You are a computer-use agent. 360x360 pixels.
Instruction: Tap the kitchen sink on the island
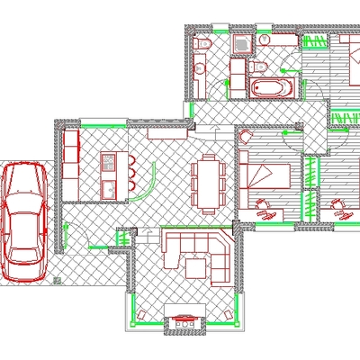[x=109, y=189]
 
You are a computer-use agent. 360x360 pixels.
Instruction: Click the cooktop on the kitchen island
[x=109, y=162]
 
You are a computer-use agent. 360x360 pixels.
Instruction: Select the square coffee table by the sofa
[x=196, y=266]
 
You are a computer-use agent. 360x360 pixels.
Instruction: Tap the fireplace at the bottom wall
[x=185, y=319]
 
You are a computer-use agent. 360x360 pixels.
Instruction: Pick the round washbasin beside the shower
[x=265, y=40]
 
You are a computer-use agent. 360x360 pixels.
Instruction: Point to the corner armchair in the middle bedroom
[x=263, y=205]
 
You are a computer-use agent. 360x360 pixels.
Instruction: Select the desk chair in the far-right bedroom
[x=339, y=206]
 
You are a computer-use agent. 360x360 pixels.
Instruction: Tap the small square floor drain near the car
[x=57, y=281]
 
